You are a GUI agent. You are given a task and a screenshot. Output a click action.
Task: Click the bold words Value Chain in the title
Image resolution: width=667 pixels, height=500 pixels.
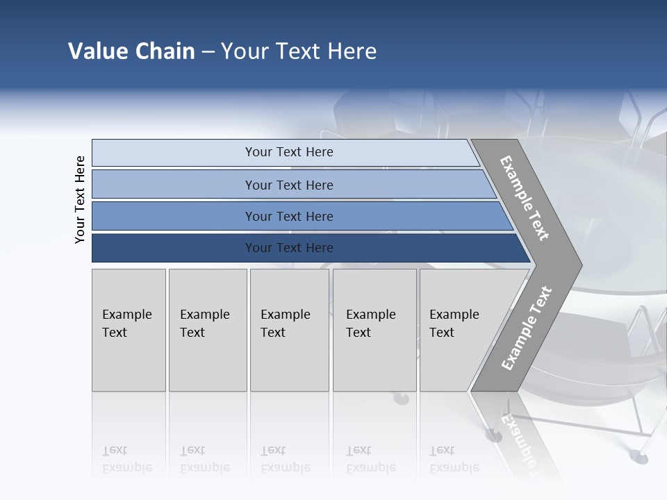pyautogui.click(x=131, y=51)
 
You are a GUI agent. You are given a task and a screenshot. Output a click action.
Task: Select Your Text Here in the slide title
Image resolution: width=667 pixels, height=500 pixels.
pyautogui.click(x=299, y=51)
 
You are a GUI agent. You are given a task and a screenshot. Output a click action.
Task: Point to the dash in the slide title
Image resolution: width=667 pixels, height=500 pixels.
pyautogui.click(x=208, y=52)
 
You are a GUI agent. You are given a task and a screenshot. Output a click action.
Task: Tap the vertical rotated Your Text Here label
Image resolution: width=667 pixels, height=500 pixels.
pyautogui.click(x=80, y=199)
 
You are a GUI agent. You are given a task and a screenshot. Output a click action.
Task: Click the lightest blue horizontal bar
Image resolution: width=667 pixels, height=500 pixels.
pyautogui.click(x=174, y=153)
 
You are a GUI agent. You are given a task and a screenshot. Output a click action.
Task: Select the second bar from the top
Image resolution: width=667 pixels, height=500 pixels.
pyautogui.click(x=174, y=185)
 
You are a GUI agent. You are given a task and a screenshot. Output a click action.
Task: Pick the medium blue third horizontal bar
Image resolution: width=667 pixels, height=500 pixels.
pyautogui.click(x=174, y=216)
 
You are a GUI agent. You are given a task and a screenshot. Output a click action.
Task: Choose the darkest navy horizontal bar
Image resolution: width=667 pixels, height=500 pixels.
pyautogui.click(x=174, y=248)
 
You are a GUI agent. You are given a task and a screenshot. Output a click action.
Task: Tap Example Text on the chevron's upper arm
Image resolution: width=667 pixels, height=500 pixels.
pyautogui.click(x=525, y=198)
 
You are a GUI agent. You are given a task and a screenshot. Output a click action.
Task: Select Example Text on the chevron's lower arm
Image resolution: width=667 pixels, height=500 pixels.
pyautogui.click(x=527, y=328)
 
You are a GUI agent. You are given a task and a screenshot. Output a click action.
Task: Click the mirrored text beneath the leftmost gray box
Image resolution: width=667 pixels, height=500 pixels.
pyautogui.click(x=126, y=459)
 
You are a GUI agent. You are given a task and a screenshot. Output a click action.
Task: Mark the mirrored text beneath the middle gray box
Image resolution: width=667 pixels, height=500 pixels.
pyautogui.click(x=285, y=459)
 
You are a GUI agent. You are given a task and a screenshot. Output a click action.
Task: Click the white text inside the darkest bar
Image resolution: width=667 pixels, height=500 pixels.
pyautogui.click(x=289, y=248)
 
